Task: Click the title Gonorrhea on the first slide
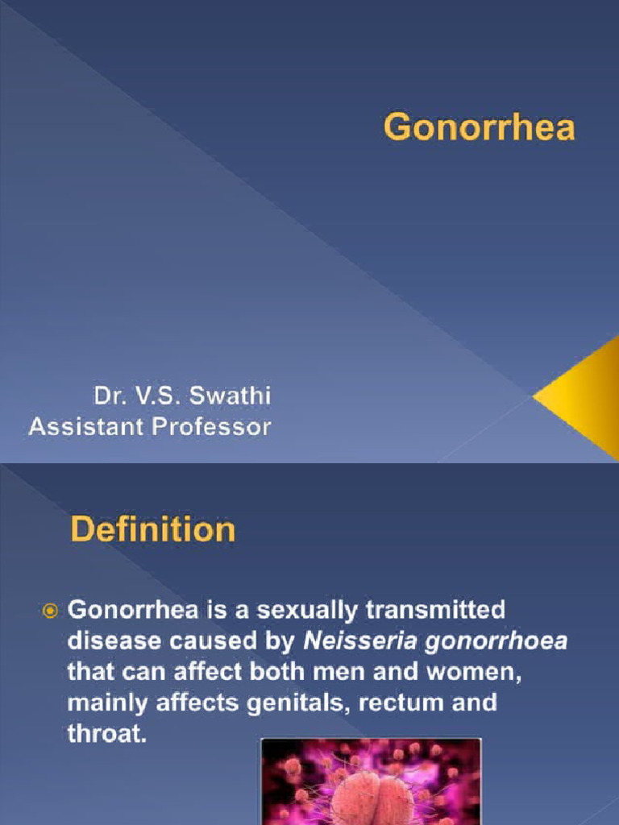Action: pyautogui.click(x=479, y=127)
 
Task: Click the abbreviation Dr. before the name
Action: pyautogui.click(x=110, y=396)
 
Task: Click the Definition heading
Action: pyautogui.click(x=152, y=529)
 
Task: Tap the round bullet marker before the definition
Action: pyautogui.click(x=50, y=612)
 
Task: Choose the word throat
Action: pyautogui.click(x=107, y=733)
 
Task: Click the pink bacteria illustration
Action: pyautogui.click(x=371, y=781)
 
